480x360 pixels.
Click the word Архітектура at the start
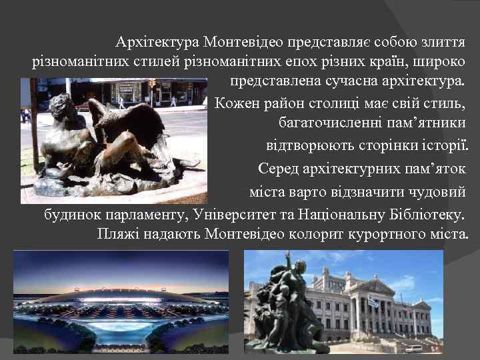tap(157, 44)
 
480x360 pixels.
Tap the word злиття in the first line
tap(441, 44)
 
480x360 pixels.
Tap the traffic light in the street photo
tap(152, 84)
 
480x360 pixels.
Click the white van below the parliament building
tap(413, 348)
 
